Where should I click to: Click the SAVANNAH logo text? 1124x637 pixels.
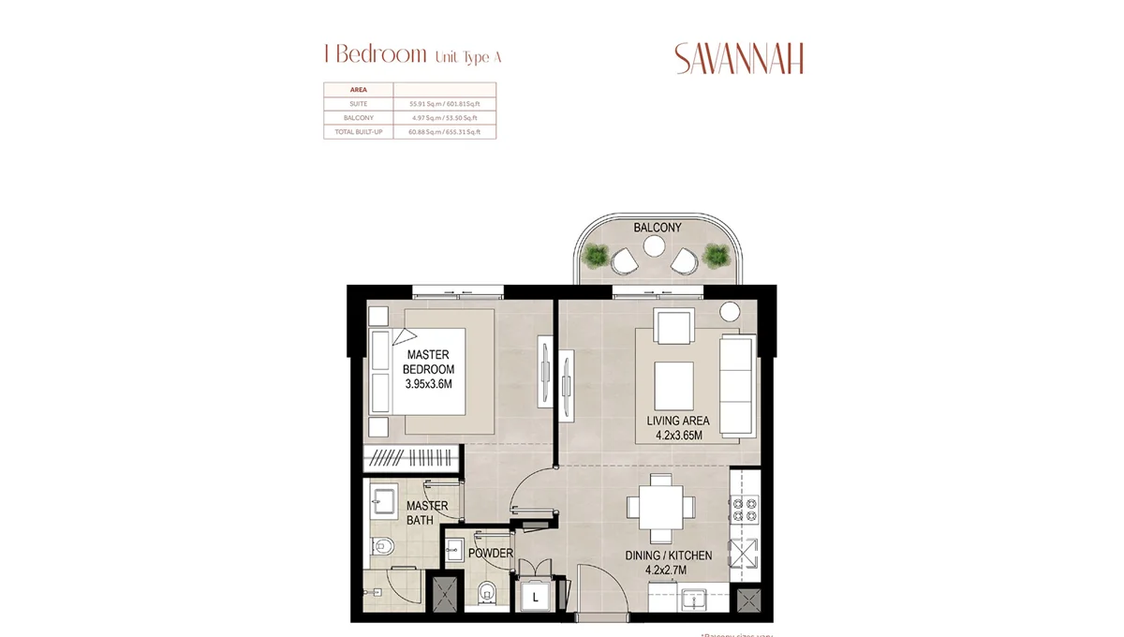click(739, 59)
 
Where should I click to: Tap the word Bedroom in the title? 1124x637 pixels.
click(380, 54)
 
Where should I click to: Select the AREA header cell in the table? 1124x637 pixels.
click(345, 90)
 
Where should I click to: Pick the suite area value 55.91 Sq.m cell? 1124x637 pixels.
click(444, 104)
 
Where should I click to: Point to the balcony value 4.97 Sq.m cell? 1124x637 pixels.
click(444, 118)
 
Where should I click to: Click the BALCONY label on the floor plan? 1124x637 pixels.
click(657, 228)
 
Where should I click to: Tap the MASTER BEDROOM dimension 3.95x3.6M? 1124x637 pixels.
click(429, 383)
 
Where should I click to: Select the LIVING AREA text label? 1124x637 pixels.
click(678, 421)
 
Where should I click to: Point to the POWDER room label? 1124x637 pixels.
click(491, 553)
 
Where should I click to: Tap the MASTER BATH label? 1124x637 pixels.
click(427, 512)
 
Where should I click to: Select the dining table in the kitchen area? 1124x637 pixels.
click(661, 507)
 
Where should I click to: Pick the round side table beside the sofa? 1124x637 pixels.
click(731, 312)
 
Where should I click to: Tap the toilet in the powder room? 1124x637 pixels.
click(486, 593)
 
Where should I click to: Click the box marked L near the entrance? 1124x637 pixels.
click(536, 597)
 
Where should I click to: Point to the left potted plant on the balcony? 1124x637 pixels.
click(596, 255)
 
